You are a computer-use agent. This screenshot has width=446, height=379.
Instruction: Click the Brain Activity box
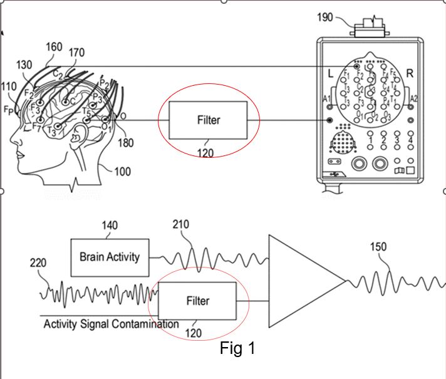pyautogui.click(x=110, y=257)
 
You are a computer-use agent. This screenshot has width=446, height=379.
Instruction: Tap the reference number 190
pyautogui.click(x=325, y=17)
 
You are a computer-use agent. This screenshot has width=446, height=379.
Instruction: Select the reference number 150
pyautogui.click(x=378, y=247)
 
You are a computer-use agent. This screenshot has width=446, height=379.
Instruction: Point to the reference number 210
pyautogui.click(x=180, y=224)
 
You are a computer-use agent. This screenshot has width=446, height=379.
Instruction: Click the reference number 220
pyautogui.click(x=38, y=263)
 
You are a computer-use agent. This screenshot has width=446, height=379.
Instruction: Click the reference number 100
pyautogui.click(x=122, y=171)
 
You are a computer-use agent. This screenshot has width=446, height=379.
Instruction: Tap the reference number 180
pyautogui.click(x=125, y=143)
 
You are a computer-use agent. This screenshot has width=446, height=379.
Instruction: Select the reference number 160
pyautogui.click(x=54, y=46)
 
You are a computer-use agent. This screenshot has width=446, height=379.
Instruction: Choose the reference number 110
pyautogui.click(x=9, y=86)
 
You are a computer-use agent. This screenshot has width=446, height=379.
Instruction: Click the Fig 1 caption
pyautogui.click(x=237, y=348)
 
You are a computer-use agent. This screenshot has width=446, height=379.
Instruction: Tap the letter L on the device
pyautogui.click(x=330, y=73)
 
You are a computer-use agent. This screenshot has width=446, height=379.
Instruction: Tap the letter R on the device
pyautogui.click(x=410, y=73)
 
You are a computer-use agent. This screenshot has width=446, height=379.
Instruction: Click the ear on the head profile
pyautogui.click(x=80, y=133)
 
